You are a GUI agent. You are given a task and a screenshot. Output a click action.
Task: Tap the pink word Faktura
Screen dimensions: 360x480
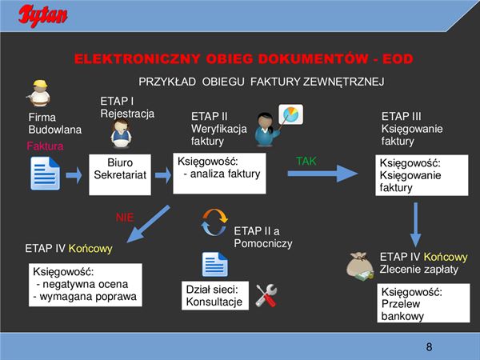45,146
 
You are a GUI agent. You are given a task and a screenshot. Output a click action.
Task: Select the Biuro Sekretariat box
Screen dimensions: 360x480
120,169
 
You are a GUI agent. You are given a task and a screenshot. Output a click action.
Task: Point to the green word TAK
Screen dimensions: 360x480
306,161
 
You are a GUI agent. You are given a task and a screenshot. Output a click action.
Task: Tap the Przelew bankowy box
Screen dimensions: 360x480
411,304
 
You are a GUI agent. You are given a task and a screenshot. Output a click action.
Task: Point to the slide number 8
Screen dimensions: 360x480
429,346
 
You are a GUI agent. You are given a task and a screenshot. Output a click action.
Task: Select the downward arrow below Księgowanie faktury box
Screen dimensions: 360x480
415,224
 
